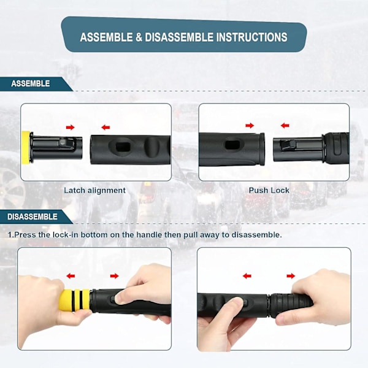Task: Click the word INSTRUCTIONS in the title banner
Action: click(251, 37)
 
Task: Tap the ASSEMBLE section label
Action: click(31, 83)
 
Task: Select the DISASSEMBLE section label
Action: click(33, 217)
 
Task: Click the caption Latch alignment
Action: click(95, 190)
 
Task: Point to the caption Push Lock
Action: click(269, 190)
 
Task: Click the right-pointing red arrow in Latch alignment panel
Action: click(70, 127)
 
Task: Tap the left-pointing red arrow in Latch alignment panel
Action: click(105, 127)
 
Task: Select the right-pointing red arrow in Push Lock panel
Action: click(250, 126)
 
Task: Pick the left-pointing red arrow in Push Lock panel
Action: click(285, 126)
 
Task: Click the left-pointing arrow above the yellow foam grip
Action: click(71, 276)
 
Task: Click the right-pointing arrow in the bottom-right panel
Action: click(291, 276)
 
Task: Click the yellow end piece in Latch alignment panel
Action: click(26, 147)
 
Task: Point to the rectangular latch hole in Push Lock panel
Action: click(231, 145)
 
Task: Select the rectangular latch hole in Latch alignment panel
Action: click(123, 147)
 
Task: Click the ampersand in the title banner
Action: click(139, 37)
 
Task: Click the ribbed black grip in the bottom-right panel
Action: click(291, 305)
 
